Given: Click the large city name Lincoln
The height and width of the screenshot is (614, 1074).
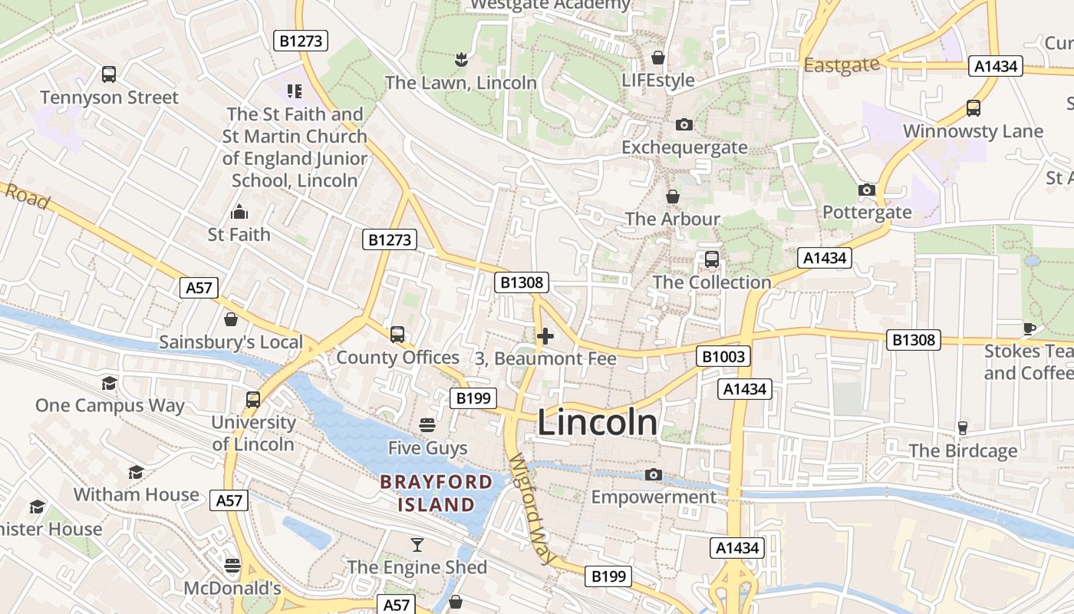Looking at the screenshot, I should click(597, 423).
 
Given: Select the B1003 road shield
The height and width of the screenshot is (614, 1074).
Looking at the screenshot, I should click(723, 356).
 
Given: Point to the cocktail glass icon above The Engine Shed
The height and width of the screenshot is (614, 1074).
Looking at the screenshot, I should click(417, 545).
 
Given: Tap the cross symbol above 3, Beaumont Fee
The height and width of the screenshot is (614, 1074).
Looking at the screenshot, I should click(545, 336).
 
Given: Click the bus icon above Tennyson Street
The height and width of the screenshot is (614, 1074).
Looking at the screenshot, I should click(109, 74).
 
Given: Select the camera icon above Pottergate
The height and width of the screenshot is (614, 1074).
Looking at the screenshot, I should click(866, 190).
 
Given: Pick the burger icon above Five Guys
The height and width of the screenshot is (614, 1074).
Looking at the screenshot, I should click(427, 425).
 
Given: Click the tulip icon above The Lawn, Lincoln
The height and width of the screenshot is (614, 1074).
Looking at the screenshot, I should click(460, 60).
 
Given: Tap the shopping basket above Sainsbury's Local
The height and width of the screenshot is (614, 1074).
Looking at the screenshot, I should click(230, 319).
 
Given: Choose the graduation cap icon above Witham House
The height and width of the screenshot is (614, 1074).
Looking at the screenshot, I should click(136, 472).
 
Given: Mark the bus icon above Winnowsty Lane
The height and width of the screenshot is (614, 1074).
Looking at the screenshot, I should click(973, 108).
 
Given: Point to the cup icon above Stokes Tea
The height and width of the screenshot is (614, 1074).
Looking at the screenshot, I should click(1029, 329).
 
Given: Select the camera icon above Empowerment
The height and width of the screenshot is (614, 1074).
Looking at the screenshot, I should click(654, 475).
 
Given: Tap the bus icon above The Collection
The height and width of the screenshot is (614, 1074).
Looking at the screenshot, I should click(711, 259).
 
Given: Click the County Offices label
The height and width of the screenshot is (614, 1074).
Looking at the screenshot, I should click(397, 358).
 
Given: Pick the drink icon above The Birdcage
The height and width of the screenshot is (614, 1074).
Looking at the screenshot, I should click(963, 428).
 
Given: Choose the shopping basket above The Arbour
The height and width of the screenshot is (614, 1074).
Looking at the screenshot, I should click(672, 197).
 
